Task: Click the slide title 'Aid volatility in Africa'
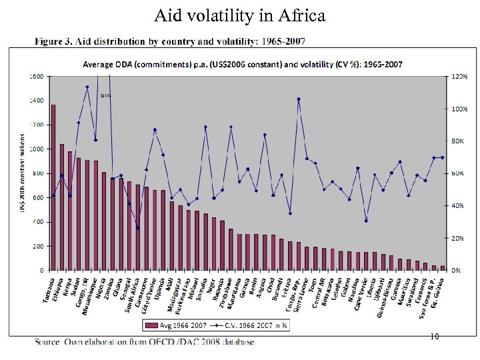[x=240, y=15]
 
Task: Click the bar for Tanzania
[x=53, y=187]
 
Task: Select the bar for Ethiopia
[x=62, y=207]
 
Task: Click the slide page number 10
[x=434, y=337]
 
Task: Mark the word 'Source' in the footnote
[x=47, y=343]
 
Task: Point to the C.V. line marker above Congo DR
[x=87, y=87]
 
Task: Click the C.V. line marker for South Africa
[x=138, y=228]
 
